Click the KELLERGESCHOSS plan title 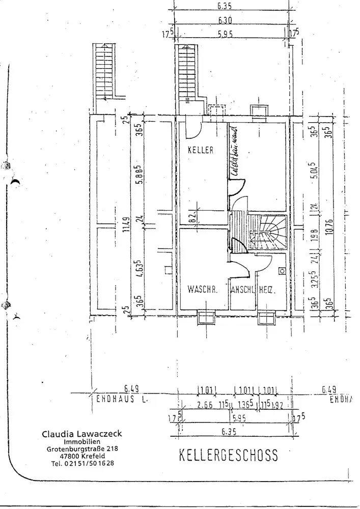click(229, 455)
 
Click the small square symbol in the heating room click(282, 271)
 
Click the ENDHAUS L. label click(122, 400)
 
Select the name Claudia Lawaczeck click(82, 434)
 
